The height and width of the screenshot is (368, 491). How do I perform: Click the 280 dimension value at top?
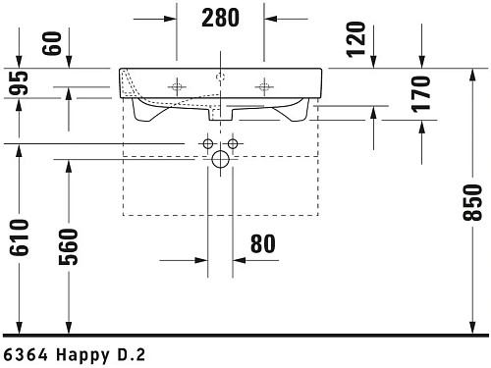click(221, 17)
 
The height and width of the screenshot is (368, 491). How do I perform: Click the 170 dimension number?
click(421, 92)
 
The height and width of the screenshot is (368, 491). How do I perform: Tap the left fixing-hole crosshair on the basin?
click(177, 87)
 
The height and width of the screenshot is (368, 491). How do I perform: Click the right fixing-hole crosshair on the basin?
click(263, 87)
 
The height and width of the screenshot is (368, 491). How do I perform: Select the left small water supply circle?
click(207, 144)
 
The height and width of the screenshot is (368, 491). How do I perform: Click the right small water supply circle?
click(233, 144)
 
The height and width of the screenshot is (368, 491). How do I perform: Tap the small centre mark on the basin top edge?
click(220, 72)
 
